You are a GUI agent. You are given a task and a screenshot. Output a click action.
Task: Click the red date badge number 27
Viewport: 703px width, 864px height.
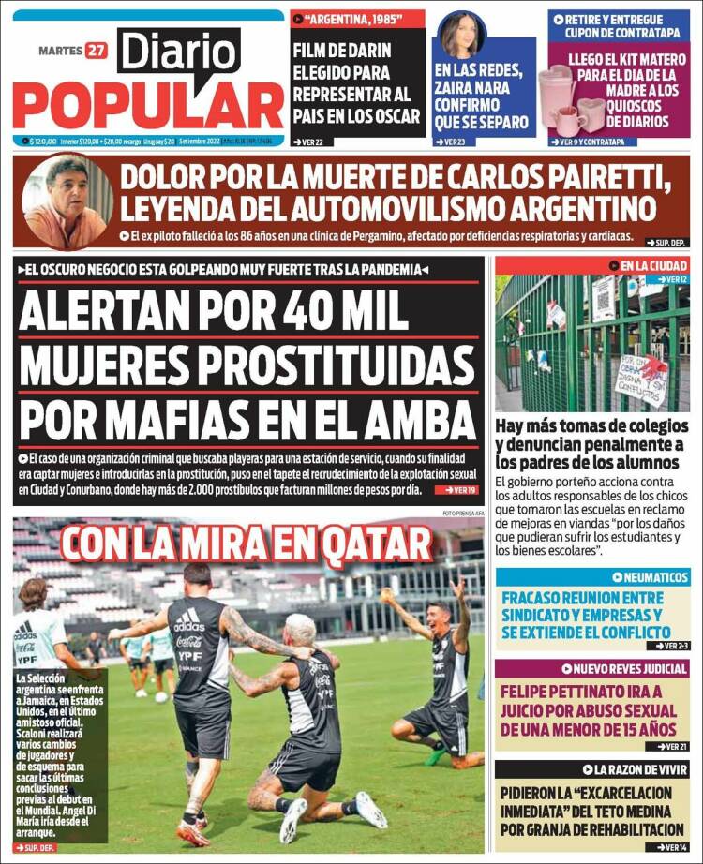click(x=96, y=50)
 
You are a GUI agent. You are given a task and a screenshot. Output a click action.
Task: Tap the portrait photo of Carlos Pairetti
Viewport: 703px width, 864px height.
click(x=66, y=201)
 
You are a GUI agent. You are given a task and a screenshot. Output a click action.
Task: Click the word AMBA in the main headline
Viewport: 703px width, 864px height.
click(x=412, y=414)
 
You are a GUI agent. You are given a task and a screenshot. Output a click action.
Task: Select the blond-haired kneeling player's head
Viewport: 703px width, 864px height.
click(x=300, y=628)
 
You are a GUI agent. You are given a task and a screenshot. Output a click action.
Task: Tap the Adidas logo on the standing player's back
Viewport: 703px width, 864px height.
click(x=188, y=618)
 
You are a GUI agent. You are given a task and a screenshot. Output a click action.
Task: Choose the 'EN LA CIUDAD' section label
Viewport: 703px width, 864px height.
click(x=653, y=266)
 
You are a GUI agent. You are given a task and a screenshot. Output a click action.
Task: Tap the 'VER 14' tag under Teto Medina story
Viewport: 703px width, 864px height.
click(x=667, y=847)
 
